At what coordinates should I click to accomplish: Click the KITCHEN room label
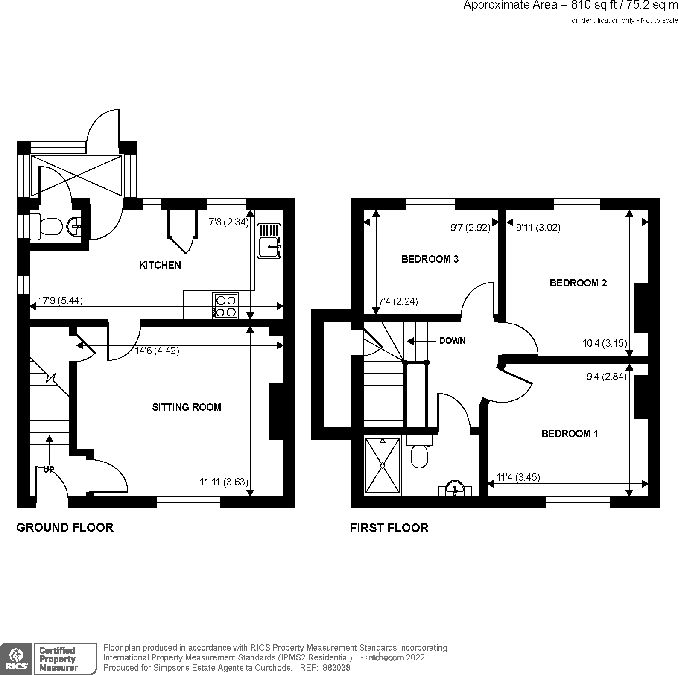click(160, 265)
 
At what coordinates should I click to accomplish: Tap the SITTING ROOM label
click(187, 407)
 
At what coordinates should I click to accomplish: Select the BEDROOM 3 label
click(430, 259)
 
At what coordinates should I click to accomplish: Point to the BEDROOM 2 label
click(578, 283)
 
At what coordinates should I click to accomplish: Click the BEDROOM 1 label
click(570, 434)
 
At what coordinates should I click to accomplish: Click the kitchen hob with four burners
click(225, 305)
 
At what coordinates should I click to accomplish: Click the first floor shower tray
click(383, 466)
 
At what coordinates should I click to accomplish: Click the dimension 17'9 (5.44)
click(60, 301)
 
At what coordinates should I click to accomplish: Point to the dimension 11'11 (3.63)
click(224, 482)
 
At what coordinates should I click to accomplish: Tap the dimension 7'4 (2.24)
click(398, 301)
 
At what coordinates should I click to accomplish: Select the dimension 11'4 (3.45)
click(518, 477)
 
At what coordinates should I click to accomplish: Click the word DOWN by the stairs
click(452, 341)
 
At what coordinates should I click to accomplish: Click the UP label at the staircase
click(49, 469)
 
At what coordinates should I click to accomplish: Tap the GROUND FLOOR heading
click(65, 527)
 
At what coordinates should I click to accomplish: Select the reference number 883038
click(336, 668)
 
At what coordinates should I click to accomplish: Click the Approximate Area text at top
click(570, 6)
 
